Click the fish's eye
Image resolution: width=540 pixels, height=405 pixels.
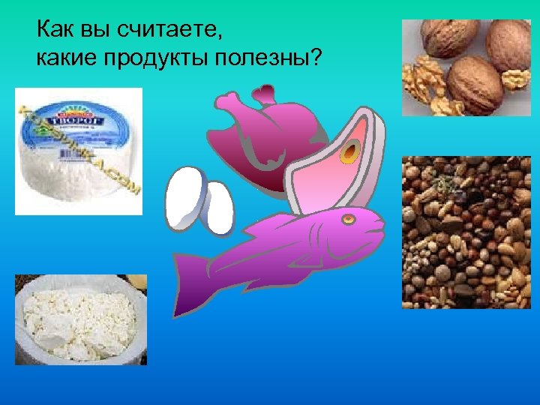(348, 220)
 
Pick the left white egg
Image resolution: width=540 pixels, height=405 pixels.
(184, 196)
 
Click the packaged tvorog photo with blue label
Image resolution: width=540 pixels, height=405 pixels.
(79, 150)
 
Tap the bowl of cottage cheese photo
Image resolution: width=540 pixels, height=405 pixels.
(80, 319)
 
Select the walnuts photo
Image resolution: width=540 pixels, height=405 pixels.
(466, 67)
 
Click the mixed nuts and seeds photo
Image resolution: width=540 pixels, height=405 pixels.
(466, 232)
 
